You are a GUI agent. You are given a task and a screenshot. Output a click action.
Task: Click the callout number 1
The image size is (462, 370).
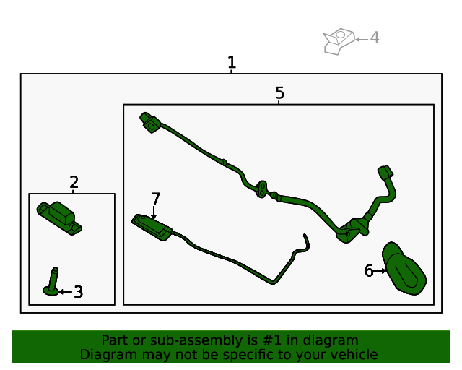click(232, 62)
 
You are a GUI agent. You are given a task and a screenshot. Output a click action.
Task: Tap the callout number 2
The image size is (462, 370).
click(74, 182)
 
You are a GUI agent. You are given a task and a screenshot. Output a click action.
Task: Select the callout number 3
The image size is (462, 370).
click(78, 292)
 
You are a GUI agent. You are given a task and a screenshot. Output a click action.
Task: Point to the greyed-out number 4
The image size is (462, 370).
click(374, 38)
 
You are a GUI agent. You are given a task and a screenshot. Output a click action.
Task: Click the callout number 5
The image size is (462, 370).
click(279, 93)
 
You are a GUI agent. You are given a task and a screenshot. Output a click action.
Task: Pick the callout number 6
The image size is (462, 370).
click(369, 270)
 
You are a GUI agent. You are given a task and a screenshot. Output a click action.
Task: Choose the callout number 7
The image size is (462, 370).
click(156, 199)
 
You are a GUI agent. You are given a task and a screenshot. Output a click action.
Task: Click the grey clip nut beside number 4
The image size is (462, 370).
click(339, 41)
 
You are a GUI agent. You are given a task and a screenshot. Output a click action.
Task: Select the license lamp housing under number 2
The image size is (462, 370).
click(59, 218)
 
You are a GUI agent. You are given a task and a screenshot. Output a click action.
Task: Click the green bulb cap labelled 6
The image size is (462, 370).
click(404, 268)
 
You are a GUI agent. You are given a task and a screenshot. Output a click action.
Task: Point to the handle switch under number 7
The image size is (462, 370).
click(152, 227)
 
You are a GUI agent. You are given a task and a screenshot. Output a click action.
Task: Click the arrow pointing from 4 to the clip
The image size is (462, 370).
click(362, 39)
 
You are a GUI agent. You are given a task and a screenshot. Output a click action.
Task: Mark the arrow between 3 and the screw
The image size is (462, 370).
click(66, 292)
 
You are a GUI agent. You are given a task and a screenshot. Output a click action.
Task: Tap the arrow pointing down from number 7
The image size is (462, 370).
click(154, 212)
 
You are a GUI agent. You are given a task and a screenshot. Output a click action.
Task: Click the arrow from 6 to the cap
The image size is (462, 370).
click(380, 270)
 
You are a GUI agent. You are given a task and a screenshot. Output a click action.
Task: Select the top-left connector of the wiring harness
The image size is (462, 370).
click(150, 122)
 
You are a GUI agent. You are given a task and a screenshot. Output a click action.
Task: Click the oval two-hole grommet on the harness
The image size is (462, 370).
click(261, 189)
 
